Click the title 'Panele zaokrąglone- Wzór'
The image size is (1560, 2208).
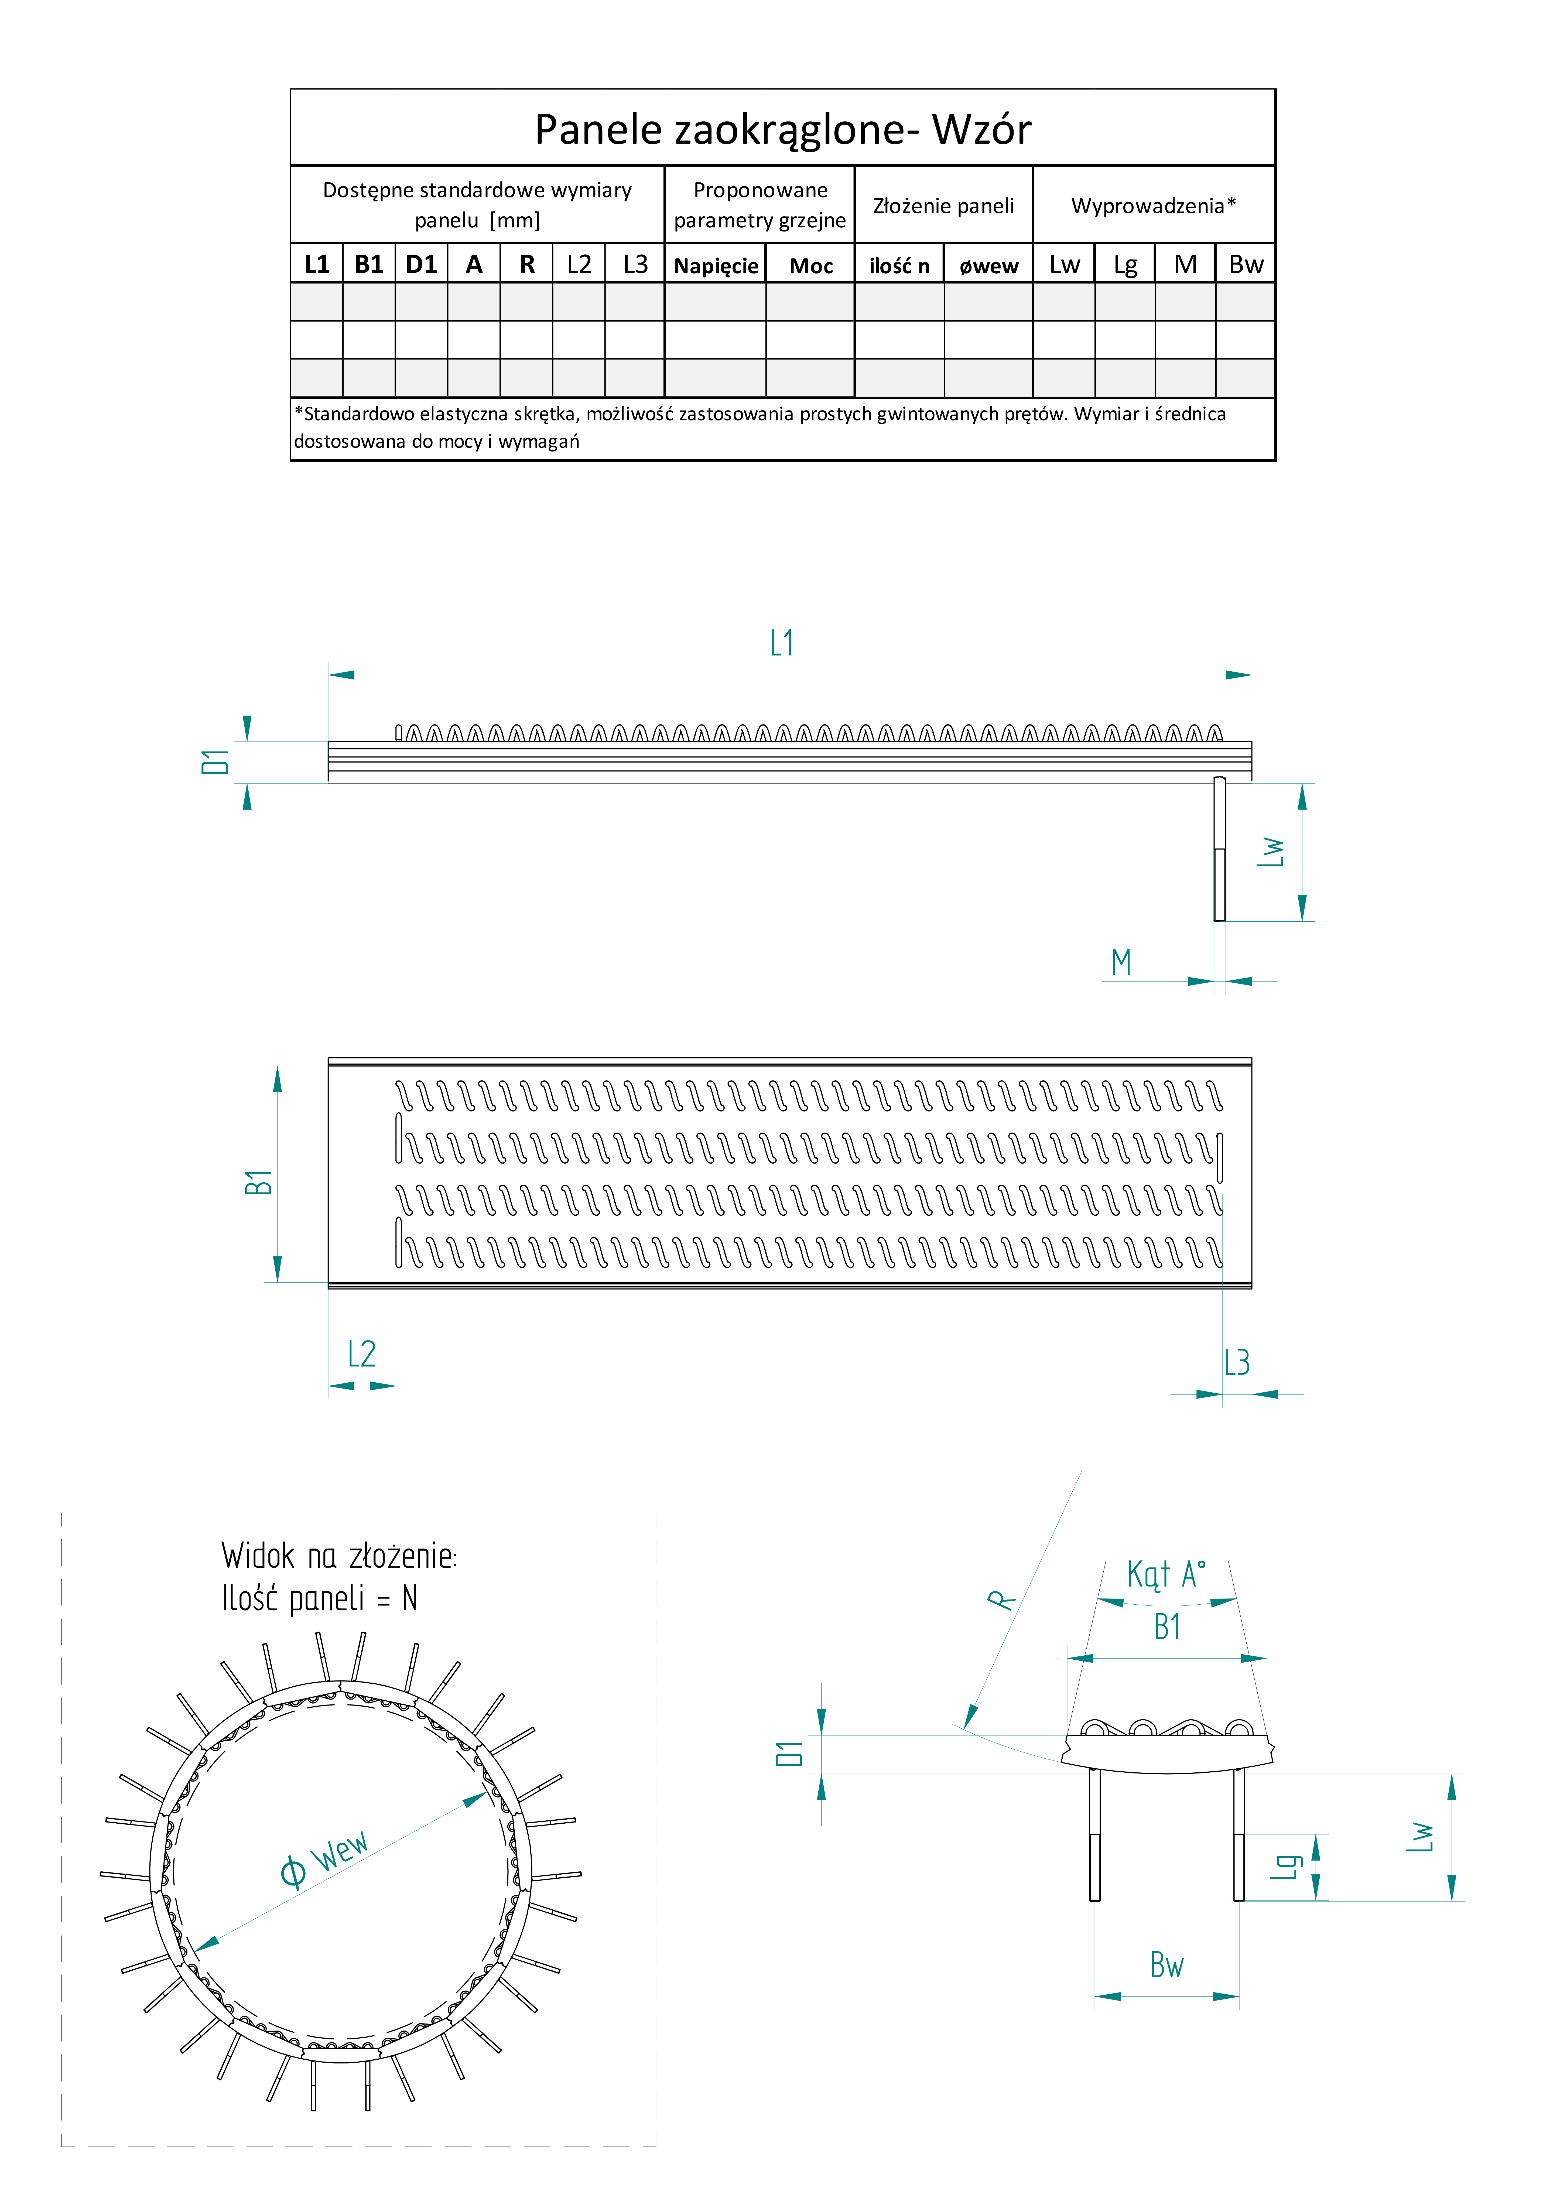click(x=783, y=129)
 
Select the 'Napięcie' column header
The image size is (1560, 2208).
click(x=716, y=265)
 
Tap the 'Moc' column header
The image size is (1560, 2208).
click(x=811, y=265)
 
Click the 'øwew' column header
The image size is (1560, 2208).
click(x=989, y=265)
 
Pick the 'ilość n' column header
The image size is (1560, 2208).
click(x=899, y=265)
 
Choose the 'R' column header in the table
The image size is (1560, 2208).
click(x=527, y=264)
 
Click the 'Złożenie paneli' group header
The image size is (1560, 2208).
click(x=943, y=206)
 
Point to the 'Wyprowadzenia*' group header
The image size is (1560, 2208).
click(x=1153, y=206)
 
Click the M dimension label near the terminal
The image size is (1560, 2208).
click(x=1121, y=962)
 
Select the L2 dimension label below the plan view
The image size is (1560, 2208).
click(x=362, y=1354)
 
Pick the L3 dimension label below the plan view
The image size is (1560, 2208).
click(x=1237, y=1363)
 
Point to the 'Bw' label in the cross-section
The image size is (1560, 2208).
click(x=1167, y=1965)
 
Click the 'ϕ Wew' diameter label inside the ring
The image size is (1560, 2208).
click(x=324, y=1858)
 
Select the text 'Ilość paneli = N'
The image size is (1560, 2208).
click(x=319, y=1598)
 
